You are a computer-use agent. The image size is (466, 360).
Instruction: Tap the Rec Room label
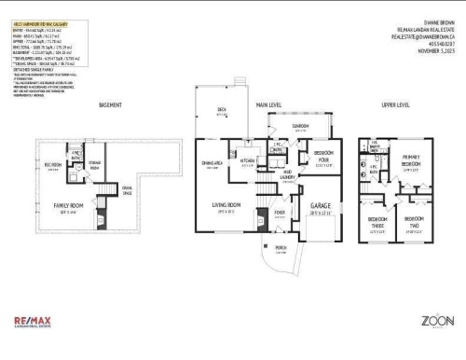(52, 165)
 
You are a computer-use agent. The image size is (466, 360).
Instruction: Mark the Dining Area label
(212, 165)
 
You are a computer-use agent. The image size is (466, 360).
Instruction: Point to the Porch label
(281, 247)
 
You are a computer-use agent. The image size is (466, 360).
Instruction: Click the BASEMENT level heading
(111, 105)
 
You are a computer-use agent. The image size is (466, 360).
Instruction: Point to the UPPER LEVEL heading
(395, 105)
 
